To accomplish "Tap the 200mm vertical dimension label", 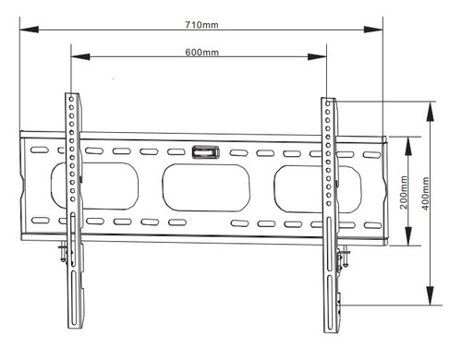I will point(404,191).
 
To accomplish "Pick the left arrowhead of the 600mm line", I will point(75,58).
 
